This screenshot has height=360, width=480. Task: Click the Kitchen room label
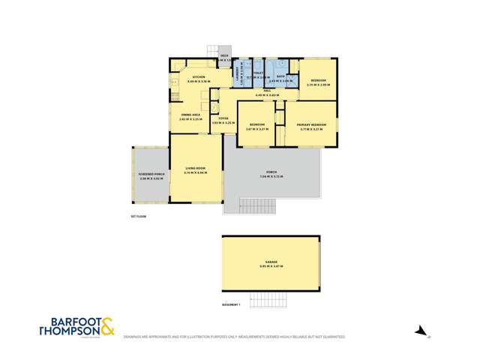coord(199,77)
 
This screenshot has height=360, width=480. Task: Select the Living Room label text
coord(196,169)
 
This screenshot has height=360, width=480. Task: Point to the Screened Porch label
coord(151,175)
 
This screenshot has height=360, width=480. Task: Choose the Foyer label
coord(223,118)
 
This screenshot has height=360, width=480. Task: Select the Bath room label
coord(280,76)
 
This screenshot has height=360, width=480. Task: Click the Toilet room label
coord(258,73)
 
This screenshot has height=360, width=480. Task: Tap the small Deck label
coord(223,56)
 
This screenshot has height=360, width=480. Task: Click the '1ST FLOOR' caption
coord(138,216)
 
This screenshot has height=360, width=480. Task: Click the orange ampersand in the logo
coord(107,326)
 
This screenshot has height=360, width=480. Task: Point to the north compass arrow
coord(422,330)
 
